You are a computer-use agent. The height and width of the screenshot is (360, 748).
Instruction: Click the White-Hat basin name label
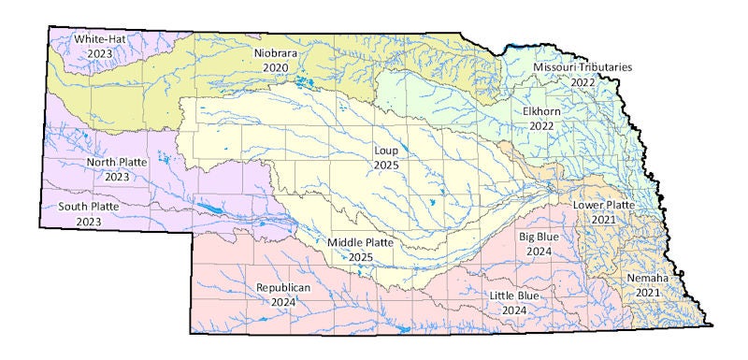[103, 39]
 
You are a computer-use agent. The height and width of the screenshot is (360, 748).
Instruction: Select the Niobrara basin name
[277, 54]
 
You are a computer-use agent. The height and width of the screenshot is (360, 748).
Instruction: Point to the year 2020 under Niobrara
[277, 68]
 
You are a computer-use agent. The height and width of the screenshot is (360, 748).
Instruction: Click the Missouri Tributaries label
[583, 68]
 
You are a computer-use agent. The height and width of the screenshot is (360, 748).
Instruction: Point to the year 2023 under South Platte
[91, 221]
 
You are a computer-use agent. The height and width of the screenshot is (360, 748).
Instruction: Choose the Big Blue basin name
[539, 237]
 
